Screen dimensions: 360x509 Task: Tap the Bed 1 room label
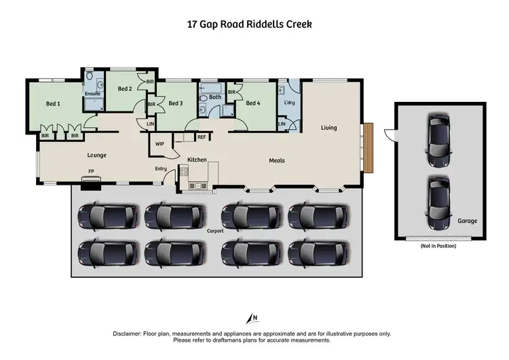[53, 104]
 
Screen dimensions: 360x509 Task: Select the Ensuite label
[92, 94]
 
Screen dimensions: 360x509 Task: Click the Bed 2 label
[124, 89]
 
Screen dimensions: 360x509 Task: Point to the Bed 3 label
[176, 103]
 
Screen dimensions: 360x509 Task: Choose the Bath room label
[215, 97]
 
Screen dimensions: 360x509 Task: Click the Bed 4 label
[252, 103]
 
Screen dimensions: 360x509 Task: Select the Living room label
[329, 128]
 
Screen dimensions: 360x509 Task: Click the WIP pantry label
[160, 144]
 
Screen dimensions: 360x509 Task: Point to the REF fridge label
[202, 137]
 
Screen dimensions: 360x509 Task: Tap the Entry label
[161, 168]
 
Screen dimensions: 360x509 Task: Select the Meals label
[276, 161]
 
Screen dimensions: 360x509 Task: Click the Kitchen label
[197, 160]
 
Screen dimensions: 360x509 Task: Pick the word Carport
[215, 231]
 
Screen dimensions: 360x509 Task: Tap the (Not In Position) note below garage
[438, 245]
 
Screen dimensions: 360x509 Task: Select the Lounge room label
[97, 156]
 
